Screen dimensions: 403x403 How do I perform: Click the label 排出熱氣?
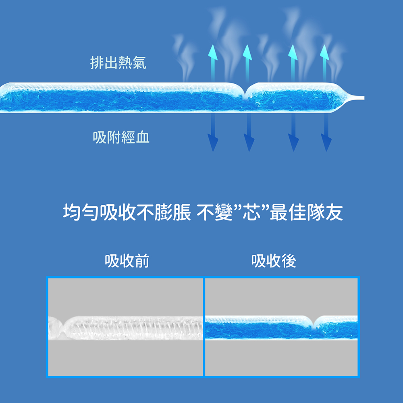coord(118,63)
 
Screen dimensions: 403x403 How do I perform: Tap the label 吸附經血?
coord(121,137)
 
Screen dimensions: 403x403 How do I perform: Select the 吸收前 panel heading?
coord(127,262)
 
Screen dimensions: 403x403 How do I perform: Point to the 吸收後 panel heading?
coord(274,262)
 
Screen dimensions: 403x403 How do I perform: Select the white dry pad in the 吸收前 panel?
coord(133,328)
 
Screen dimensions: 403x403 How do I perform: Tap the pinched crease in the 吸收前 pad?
coord(61,327)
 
